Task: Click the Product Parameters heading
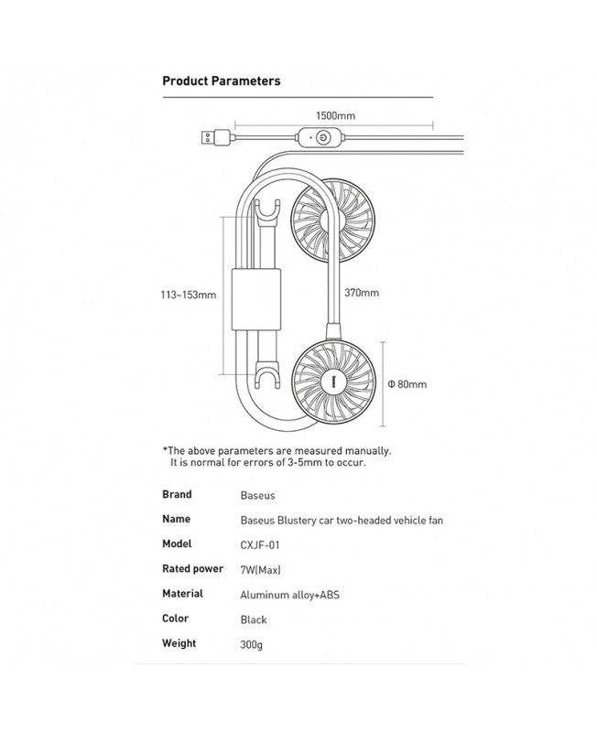[x=221, y=81]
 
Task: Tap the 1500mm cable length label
[x=335, y=116]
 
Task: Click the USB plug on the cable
[x=215, y=138]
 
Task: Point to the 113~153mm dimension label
[x=189, y=295]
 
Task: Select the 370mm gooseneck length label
[x=362, y=293]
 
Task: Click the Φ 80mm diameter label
[x=407, y=384]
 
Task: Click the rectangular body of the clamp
[x=256, y=299]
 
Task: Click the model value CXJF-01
[x=260, y=544]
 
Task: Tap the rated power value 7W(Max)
[x=260, y=569]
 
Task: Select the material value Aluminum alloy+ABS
[x=289, y=595]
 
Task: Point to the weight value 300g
[x=251, y=645]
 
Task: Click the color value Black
[x=254, y=619]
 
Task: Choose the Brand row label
[x=177, y=494]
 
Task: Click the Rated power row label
[x=192, y=569]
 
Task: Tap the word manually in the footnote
[x=368, y=451]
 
